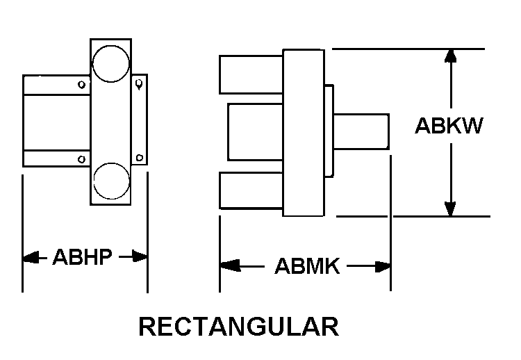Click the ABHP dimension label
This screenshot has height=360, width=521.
tap(83, 257)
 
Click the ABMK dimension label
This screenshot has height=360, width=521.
tap(307, 266)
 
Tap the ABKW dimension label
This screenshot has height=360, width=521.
tap(449, 126)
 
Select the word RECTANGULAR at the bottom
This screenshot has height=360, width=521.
tap(239, 327)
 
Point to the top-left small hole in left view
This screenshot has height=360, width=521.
tap(81, 84)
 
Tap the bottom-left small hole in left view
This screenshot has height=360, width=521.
tap(81, 159)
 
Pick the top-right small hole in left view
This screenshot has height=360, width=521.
tap(140, 84)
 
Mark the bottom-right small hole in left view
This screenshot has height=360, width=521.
tap(140, 158)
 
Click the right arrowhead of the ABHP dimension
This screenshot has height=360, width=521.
tap(140, 256)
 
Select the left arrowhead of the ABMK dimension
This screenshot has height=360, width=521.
tap(230, 265)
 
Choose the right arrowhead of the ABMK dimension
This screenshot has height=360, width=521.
tap(383, 267)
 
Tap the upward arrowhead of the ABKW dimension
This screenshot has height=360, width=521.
tap(451, 56)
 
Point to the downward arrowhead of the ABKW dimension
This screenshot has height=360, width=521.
tap(451, 208)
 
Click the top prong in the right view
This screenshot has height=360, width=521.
tap(251, 75)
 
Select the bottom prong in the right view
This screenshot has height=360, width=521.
tap(251, 190)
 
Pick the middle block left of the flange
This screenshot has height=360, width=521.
tap(255, 132)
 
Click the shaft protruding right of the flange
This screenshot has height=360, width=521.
tap(361, 131)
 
